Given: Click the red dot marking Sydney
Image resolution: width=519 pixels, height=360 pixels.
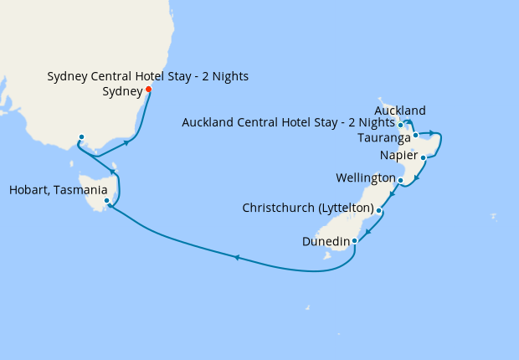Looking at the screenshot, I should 148,90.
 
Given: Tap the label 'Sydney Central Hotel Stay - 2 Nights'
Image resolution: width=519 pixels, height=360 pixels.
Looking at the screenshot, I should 147,77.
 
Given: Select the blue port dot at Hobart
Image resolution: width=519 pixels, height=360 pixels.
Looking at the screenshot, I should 106,201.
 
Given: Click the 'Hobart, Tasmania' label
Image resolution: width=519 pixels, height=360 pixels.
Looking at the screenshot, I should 58,190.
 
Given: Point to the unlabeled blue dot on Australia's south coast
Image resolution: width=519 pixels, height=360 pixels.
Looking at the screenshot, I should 81,137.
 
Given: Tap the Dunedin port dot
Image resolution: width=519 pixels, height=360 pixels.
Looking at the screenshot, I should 355,241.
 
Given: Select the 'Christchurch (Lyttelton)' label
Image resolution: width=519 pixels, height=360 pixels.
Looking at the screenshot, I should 307,207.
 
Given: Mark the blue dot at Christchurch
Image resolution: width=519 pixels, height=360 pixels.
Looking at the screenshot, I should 379,211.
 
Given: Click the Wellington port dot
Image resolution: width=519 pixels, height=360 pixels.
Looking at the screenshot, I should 401,180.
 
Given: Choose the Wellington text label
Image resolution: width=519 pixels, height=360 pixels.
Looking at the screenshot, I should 365,178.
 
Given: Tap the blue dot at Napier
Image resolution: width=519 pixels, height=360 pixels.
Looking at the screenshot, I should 424,157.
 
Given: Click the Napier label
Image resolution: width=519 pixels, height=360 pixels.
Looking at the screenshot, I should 398,157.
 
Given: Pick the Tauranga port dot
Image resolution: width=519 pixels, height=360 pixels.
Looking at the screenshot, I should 415,135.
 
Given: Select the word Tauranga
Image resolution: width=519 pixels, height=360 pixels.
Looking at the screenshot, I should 383,137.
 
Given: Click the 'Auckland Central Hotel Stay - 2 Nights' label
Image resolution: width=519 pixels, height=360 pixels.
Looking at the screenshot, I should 288,124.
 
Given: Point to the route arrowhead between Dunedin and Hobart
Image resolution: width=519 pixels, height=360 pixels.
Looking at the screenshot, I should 237,258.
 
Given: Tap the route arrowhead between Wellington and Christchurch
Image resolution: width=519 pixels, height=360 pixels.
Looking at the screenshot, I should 391,195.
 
